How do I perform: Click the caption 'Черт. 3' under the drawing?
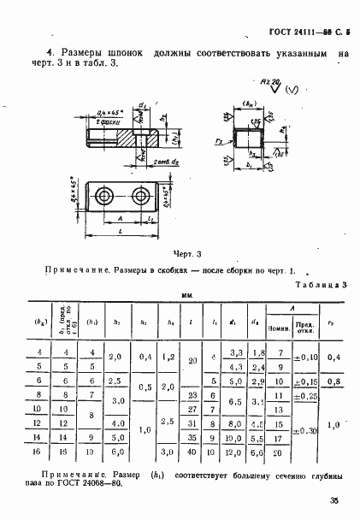186,254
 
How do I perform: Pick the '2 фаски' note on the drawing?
108,122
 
